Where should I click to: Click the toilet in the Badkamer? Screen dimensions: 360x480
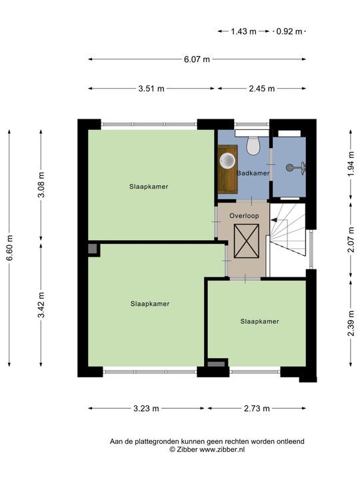[253, 145]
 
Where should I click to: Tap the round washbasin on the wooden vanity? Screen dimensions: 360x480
[227, 161]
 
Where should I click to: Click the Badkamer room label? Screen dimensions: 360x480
[253, 173]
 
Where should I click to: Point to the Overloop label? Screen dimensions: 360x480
[244, 216]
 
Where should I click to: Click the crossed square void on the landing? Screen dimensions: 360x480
[247, 241]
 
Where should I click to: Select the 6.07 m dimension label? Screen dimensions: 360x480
[197, 59]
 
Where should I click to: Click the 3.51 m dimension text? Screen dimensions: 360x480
[151, 89]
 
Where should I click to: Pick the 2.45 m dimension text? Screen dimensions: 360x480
[262, 89]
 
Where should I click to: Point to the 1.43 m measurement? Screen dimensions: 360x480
[243, 31]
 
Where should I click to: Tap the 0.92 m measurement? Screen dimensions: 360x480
[289, 31]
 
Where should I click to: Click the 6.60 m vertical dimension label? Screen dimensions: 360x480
[9, 248]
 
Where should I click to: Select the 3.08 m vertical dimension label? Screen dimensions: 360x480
[41, 185]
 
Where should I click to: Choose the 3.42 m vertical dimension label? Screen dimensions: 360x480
[41, 305]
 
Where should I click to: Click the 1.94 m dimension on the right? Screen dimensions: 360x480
[351, 166]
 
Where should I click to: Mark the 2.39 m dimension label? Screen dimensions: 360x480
[351, 323]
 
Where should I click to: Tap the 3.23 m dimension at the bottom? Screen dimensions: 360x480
[146, 409]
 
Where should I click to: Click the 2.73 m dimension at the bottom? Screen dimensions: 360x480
[257, 409]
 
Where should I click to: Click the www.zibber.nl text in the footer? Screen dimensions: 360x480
[222, 450]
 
